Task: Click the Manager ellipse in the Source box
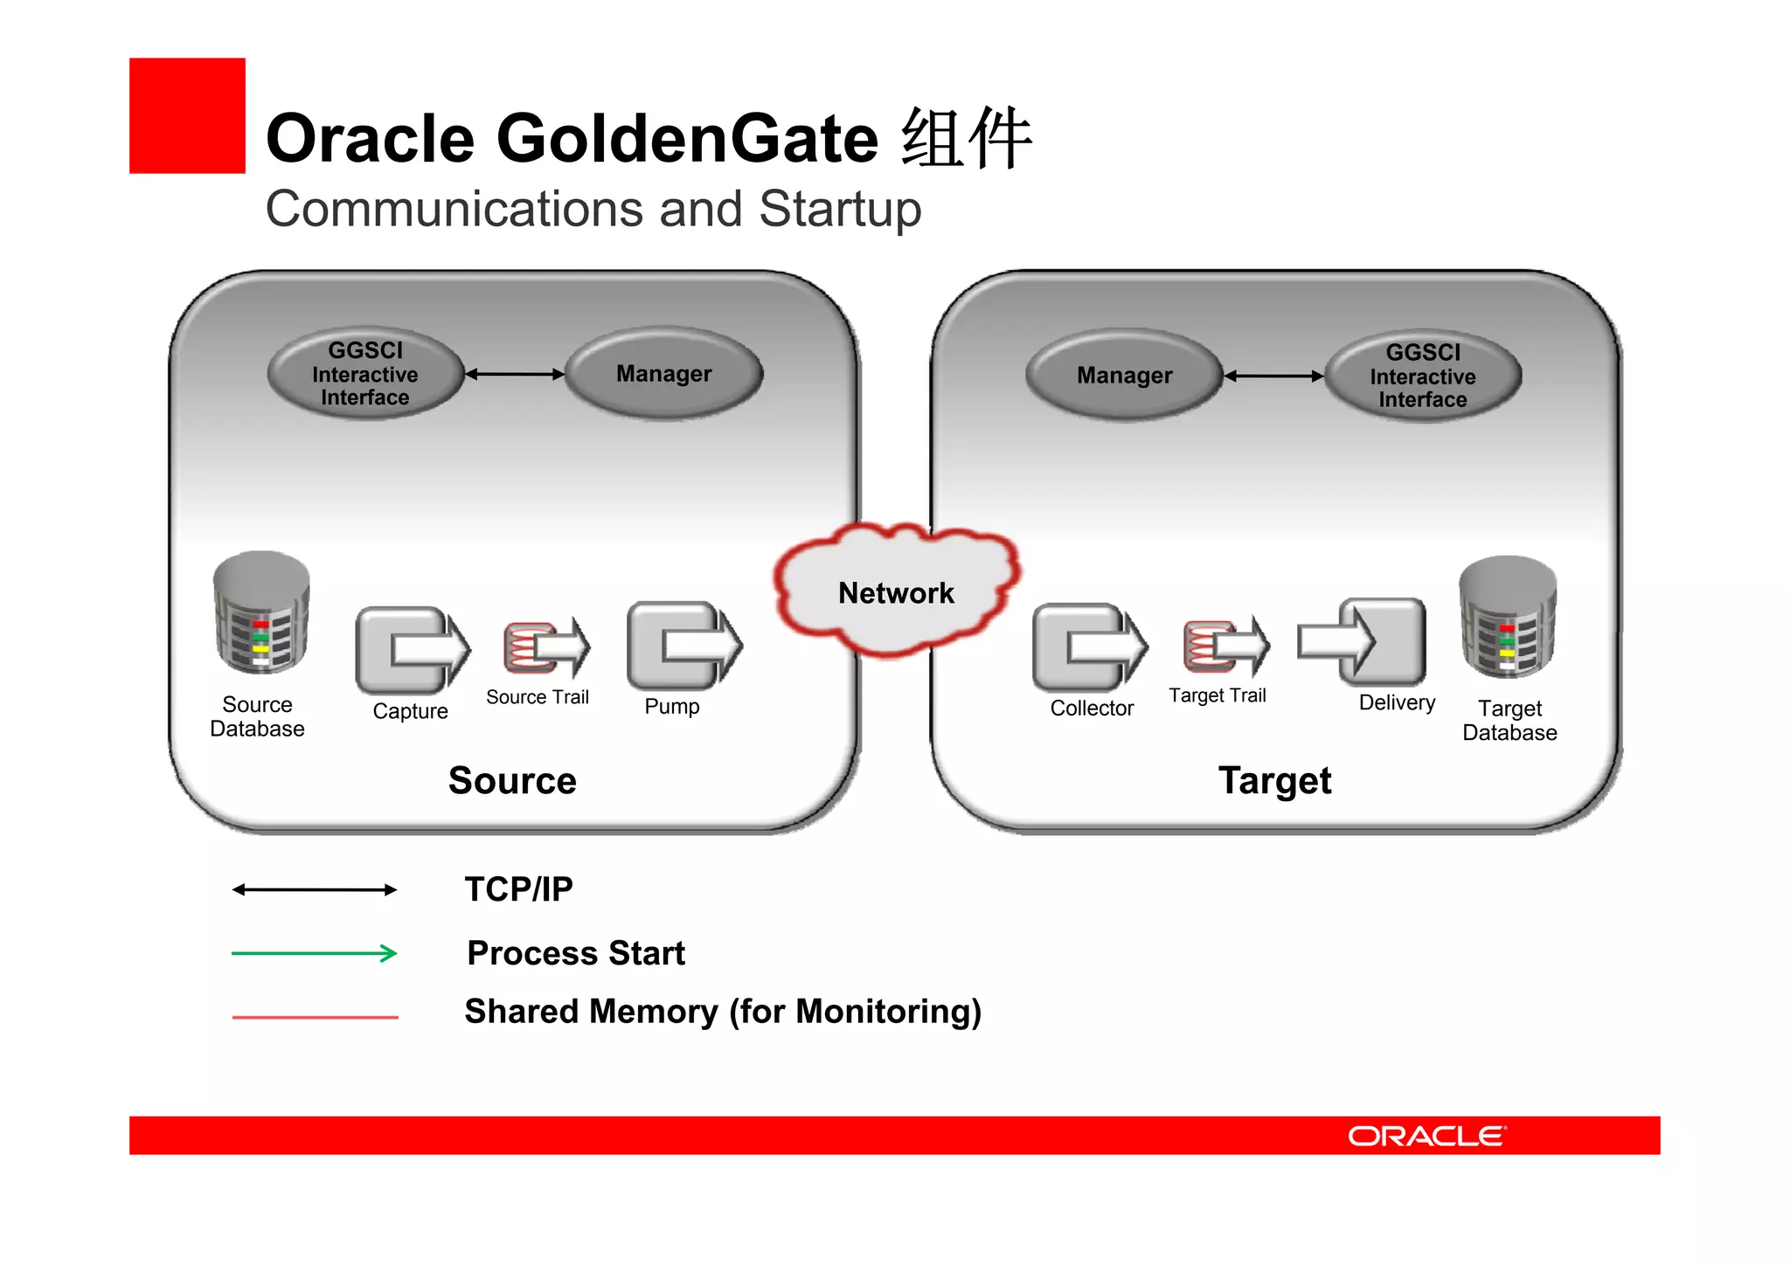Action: pyautogui.click(x=664, y=374)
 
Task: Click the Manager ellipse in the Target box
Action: pyautogui.click(x=1124, y=376)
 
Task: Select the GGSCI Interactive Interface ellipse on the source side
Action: pyautogui.click(x=365, y=374)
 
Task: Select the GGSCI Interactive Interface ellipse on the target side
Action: pyautogui.click(x=1423, y=376)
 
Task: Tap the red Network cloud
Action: pyautogui.click(x=897, y=591)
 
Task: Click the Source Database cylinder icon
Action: pyautogui.click(x=261, y=613)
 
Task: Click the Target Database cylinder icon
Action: pyautogui.click(x=1508, y=618)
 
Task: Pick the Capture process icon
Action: pyautogui.click(x=412, y=649)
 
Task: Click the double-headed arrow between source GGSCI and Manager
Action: pyautogui.click(x=514, y=374)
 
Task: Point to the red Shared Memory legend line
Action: pyautogui.click(x=315, y=1017)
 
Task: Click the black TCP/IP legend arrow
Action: pyautogui.click(x=315, y=890)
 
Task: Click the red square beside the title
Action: pyautogui.click(x=187, y=115)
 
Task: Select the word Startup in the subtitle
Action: pyautogui.click(x=839, y=210)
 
